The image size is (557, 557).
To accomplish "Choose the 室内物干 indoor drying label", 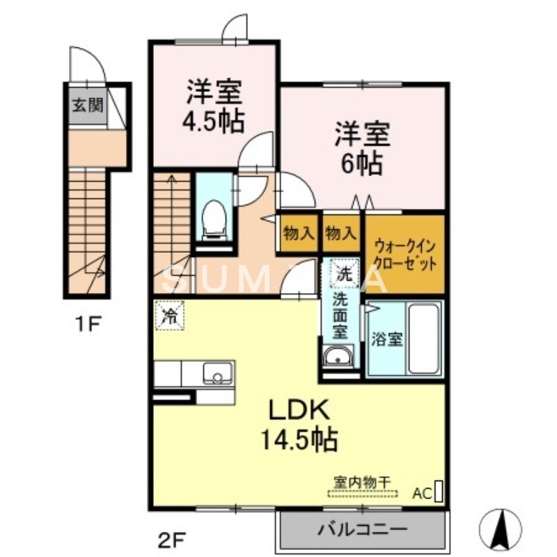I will coord(362,481).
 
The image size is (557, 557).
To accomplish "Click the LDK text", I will coord(299,411).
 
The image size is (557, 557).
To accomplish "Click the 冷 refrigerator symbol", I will coord(169,315).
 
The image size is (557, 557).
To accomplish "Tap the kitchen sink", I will coord(219,374).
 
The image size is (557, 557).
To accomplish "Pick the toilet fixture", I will coord(212,218).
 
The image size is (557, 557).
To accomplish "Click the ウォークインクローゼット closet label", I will coord(405,254).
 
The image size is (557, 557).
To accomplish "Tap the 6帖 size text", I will coord(362,163).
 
